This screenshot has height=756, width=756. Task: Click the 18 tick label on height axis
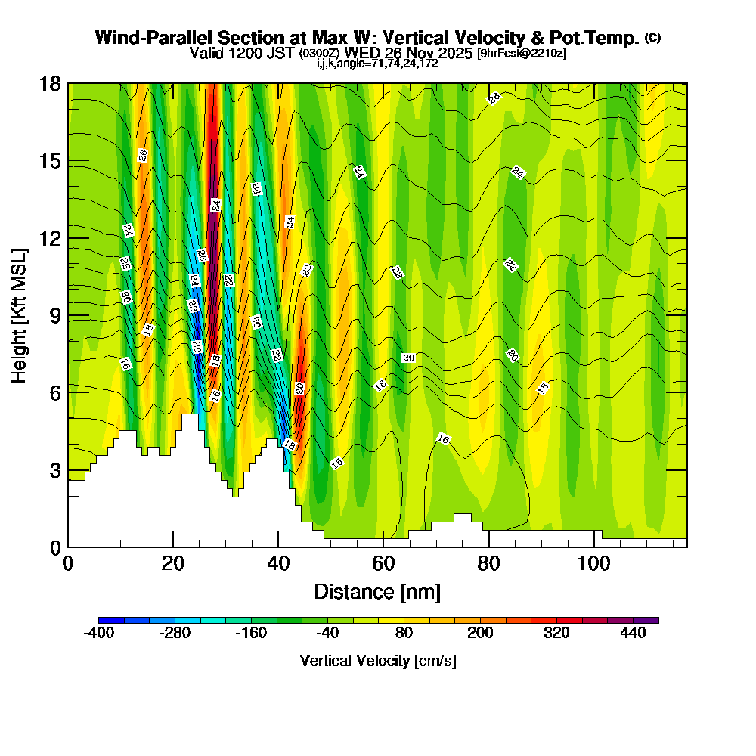(x=50, y=83)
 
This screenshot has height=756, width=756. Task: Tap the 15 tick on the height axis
(x=50, y=161)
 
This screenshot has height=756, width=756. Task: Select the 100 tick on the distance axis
(x=593, y=563)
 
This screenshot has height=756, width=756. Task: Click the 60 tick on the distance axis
(x=383, y=563)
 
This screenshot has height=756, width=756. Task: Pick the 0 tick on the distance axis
(x=68, y=563)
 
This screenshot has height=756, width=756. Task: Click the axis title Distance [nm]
(x=377, y=591)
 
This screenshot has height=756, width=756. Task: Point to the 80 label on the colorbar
(x=404, y=634)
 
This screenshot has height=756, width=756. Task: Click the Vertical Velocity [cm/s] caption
(x=377, y=661)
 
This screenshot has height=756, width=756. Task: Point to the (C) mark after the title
(x=652, y=38)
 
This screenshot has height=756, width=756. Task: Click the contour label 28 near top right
(x=494, y=98)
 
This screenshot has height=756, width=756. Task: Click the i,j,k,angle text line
(x=377, y=64)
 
